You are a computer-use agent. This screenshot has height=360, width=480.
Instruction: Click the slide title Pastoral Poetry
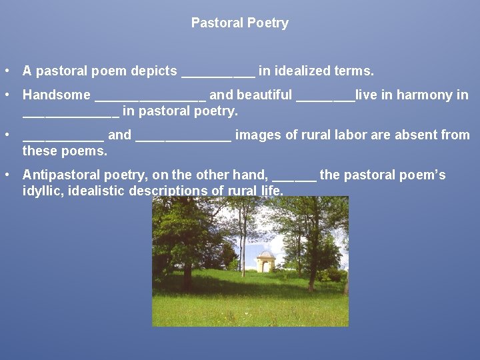click(239, 23)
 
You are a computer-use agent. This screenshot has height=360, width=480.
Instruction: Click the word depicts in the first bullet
click(157, 71)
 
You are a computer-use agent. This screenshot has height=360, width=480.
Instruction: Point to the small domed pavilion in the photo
click(265, 261)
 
